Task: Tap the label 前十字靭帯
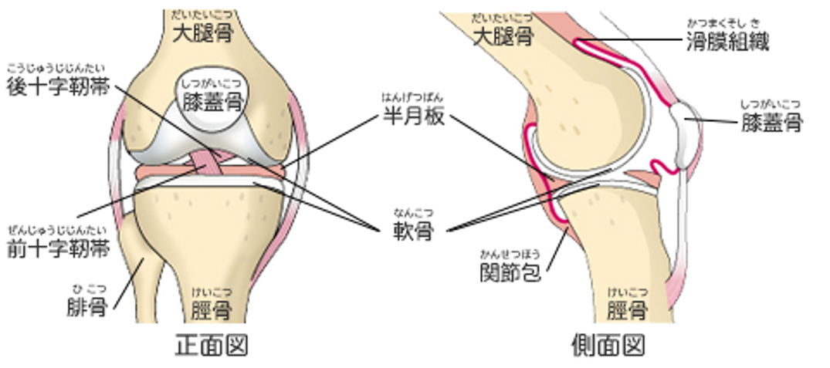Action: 58,249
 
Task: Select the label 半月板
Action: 414,117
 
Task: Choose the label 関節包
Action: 509,272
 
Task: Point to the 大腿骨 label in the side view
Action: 501,35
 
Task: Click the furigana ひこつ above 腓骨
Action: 89,289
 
